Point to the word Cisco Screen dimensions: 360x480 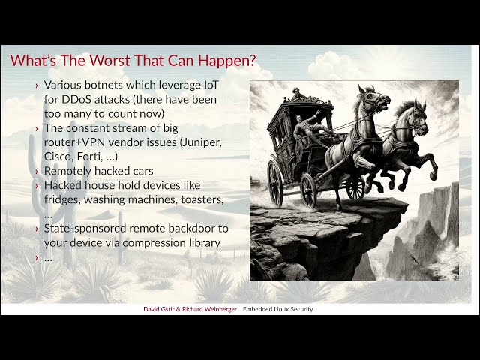click(60, 157)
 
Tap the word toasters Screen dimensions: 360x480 click(197, 199)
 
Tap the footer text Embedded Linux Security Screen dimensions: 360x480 click(277, 309)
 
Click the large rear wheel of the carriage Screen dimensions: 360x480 click(276, 183)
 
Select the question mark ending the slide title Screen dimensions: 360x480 click(250, 61)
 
